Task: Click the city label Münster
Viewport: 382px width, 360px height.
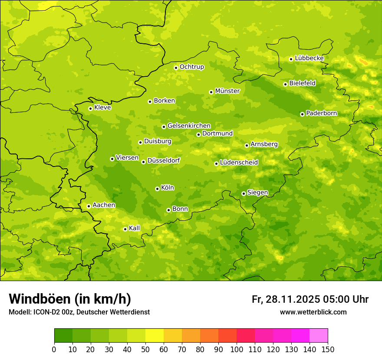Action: tap(227, 91)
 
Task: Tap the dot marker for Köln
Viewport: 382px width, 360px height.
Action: tap(157, 189)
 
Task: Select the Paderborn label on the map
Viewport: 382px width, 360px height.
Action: tap(321, 113)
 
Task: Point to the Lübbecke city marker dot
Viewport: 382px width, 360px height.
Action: tap(291, 59)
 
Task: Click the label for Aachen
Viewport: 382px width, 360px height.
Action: tap(104, 205)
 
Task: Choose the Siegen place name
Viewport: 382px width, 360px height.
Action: tap(257, 193)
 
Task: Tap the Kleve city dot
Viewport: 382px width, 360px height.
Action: tap(90, 108)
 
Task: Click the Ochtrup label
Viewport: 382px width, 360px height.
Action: tap(191, 67)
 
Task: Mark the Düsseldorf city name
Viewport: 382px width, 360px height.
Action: tap(164, 160)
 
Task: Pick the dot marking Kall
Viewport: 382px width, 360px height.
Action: tap(125, 229)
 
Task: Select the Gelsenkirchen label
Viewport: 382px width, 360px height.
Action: tap(189, 126)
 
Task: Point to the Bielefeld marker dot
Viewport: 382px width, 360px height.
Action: tap(285, 84)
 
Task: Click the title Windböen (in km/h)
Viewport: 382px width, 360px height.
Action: tap(70, 299)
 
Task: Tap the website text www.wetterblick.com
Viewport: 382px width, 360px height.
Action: tap(313, 312)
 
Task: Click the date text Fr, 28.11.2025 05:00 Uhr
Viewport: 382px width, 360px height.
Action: tap(310, 299)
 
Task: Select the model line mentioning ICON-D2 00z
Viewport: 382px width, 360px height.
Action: tap(79, 312)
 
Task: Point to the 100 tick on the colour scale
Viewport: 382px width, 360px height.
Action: tap(237, 349)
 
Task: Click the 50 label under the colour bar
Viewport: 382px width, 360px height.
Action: tap(145, 349)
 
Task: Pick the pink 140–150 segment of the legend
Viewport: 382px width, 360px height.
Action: tap(318, 336)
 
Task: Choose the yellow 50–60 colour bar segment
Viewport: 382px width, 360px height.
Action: tap(155, 336)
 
